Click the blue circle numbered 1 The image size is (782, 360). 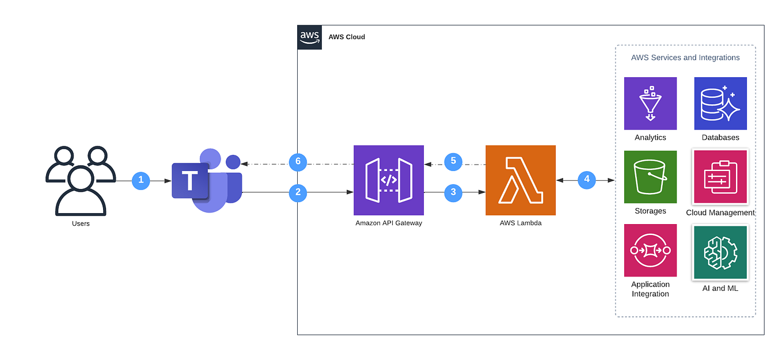(141, 181)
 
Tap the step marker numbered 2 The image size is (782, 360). (298, 192)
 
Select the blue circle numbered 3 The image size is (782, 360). (453, 192)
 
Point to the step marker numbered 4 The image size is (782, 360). (586, 179)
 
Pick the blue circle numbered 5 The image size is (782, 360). (453, 161)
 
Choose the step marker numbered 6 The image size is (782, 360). (298, 161)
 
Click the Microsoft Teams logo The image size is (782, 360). (207, 180)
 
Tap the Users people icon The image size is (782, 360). (81, 180)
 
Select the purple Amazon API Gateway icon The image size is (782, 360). (389, 180)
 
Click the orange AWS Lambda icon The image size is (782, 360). (521, 180)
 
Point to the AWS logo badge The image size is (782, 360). (310, 37)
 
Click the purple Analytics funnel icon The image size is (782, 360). (650, 104)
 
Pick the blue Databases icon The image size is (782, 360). (720, 104)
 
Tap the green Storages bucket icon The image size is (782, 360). (650, 177)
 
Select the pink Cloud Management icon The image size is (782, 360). (720, 177)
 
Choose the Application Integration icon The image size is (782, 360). (650, 251)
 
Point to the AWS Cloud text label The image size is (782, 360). (347, 37)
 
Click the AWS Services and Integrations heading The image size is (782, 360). (685, 58)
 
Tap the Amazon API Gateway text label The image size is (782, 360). (389, 223)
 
